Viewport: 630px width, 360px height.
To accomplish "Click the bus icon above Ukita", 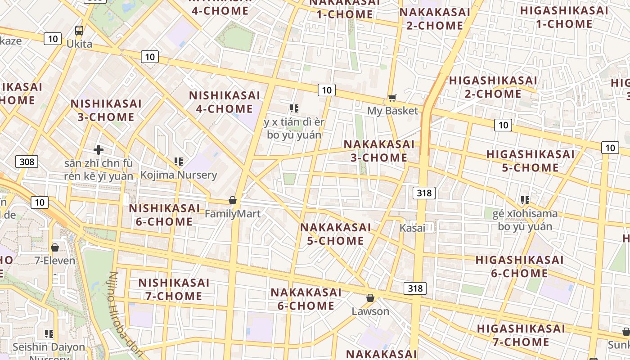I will [x=79, y=31].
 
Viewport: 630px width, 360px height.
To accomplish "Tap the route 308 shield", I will [x=27, y=161].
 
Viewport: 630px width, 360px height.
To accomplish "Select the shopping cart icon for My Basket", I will [x=392, y=98].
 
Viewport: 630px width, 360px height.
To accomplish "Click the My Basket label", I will [x=392, y=111].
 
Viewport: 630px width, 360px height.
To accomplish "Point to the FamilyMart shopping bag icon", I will [x=233, y=200].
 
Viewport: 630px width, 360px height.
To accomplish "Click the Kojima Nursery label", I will [x=179, y=175].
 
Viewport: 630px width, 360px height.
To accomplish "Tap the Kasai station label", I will [x=412, y=228].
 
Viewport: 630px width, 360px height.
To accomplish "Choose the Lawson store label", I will [x=370, y=311].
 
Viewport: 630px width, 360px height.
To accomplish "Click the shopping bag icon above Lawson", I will [x=370, y=298].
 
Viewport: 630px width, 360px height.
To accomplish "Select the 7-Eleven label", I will [x=55, y=261].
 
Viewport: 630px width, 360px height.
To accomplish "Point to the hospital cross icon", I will [x=99, y=150].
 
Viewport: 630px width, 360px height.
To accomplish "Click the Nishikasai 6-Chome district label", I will [x=164, y=215].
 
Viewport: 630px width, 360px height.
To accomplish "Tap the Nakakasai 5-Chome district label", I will [x=335, y=234].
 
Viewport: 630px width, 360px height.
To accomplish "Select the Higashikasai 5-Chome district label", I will [x=530, y=161].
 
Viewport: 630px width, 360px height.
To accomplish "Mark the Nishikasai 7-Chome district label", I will [x=173, y=289].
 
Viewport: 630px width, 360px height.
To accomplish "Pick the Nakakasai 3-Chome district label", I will [x=379, y=151].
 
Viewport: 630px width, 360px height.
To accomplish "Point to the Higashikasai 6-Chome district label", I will [x=519, y=266].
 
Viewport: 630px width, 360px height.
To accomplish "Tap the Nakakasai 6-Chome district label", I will [x=306, y=299].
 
